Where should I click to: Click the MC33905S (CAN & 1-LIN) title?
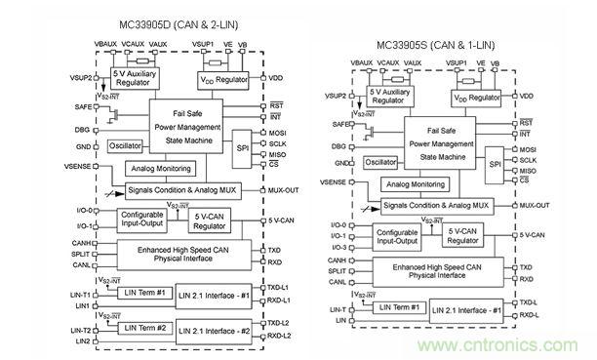449,45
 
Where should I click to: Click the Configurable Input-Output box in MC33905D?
145,220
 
